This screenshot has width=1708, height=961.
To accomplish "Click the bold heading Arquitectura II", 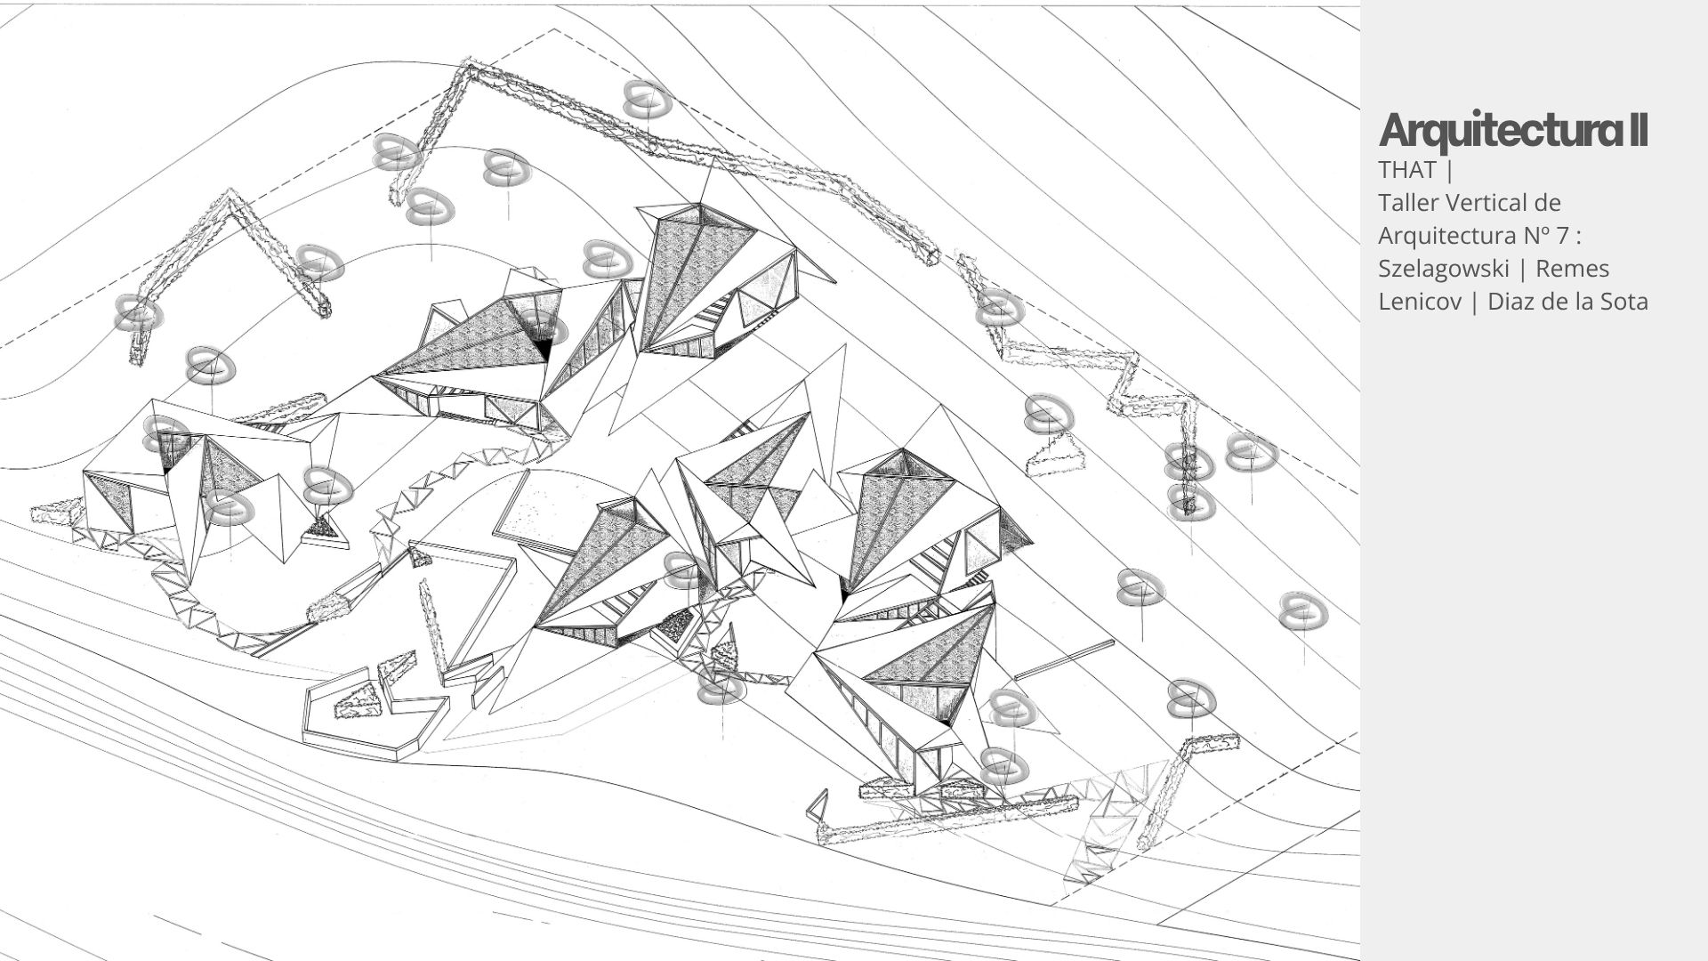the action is click(x=1513, y=131).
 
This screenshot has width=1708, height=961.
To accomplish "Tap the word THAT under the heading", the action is click(x=1407, y=169).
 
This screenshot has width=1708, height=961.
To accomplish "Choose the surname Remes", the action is click(x=1572, y=269).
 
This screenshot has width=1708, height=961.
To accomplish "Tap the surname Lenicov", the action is click(x=1418, y=302).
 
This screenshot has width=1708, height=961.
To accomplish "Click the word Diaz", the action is click(x=1511, y=302).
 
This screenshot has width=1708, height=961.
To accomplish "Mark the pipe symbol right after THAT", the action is click(x=1451, y=169).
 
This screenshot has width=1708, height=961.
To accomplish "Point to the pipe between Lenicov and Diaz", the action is click(x=1473, y=302).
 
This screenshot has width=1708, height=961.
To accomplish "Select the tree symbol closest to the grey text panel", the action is click(x=1303, y=611).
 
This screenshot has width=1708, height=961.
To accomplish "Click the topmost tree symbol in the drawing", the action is click(x=647, y=100).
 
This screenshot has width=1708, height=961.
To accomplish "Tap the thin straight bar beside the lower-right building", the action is click(x=1064, y=659).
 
